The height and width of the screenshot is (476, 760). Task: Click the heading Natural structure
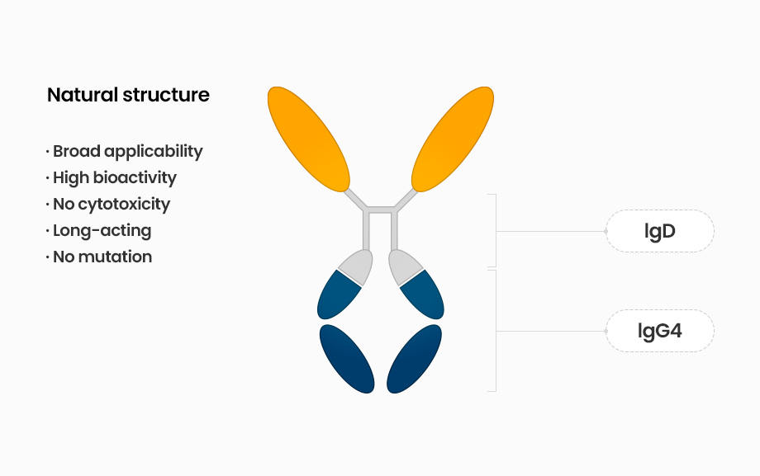(128, 95)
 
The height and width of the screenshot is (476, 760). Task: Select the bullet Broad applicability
(125, 152)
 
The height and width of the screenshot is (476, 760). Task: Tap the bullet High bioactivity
(111, 177)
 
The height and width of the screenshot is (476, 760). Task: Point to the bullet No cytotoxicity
(108, 205)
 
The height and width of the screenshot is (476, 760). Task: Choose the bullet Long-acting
(98, 230)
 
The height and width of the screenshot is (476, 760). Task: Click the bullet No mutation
(99, 257)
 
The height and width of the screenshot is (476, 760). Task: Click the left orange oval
(309, 139)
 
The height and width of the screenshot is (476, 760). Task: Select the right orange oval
(453, 139)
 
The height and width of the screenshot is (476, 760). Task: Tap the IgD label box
(660, 231)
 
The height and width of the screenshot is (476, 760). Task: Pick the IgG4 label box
(660, 331)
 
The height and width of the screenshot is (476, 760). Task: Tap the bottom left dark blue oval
(347, 359)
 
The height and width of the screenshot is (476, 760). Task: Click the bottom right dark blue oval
(415, 359)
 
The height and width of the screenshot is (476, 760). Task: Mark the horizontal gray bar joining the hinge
(381, 210)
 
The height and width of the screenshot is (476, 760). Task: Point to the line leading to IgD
(551, 232)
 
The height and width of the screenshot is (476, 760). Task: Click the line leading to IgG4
(551, 331)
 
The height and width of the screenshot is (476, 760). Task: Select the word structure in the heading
(166, 95)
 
